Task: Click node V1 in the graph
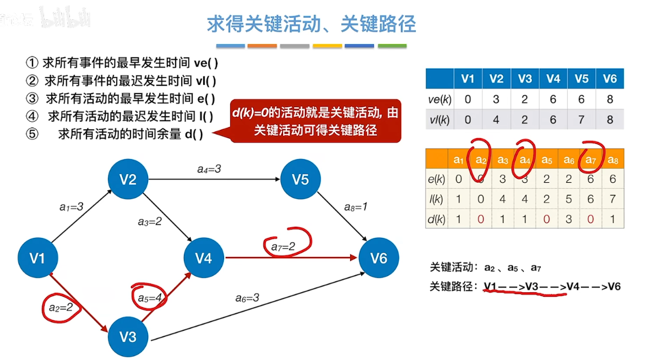click(37, 258)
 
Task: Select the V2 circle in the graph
click(128, 179)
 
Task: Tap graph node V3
click(128, 336)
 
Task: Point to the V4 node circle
click(204, 258)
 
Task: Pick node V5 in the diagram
click(300, 179)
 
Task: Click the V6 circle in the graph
click(379, 258)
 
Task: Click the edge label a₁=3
click(71, 207)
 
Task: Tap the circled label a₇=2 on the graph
click(283, 247)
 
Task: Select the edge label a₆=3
click(247, 298)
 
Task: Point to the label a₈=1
click(356, 207)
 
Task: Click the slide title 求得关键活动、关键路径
click(311, 24)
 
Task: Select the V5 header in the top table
click(582, 79)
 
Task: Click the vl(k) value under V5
click(582, 119)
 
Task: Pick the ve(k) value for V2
click(496, 99)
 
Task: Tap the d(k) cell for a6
click(568, 219)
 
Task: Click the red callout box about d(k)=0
click(315, 122)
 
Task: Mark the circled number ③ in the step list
click(34, 99)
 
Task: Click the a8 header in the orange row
click(612, 160)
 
